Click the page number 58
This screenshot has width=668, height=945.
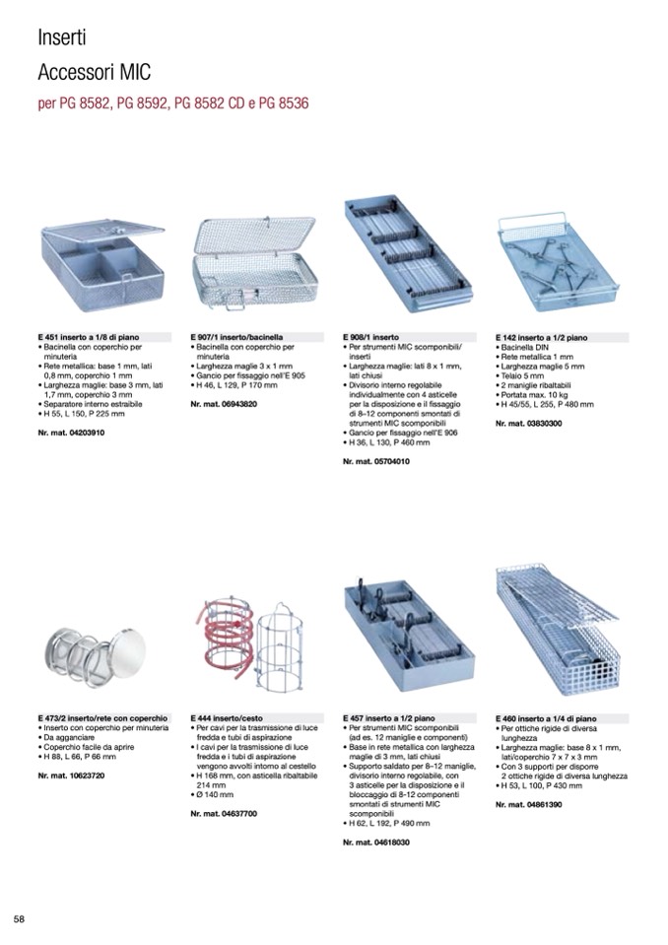point(19,918)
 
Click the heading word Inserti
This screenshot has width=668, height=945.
point(62,38)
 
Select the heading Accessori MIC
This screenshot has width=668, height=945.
point(94,73)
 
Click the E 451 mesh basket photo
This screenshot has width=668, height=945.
point(101,259)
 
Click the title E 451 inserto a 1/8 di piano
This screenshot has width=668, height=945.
point(89,337)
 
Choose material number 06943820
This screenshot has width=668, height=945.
point(224,404)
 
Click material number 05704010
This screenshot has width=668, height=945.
point(376,461)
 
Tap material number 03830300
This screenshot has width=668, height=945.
point(529,423)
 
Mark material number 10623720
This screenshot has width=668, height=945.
point(71,776)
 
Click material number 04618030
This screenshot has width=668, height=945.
point(376,844)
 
